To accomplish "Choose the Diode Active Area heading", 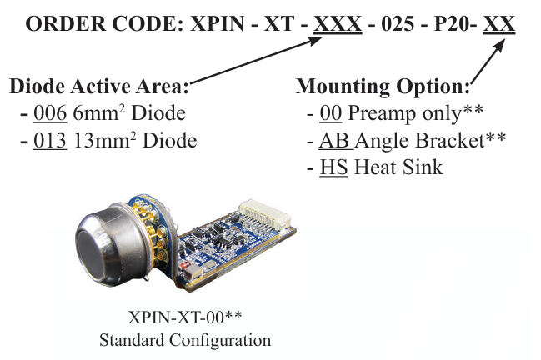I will pos(99,87).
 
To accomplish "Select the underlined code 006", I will pos(49,113).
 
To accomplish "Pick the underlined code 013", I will pos(49,140).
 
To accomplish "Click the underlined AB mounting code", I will pos(335,140).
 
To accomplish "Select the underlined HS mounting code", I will pos(334,167).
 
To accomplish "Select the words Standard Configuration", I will pos(184,340).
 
